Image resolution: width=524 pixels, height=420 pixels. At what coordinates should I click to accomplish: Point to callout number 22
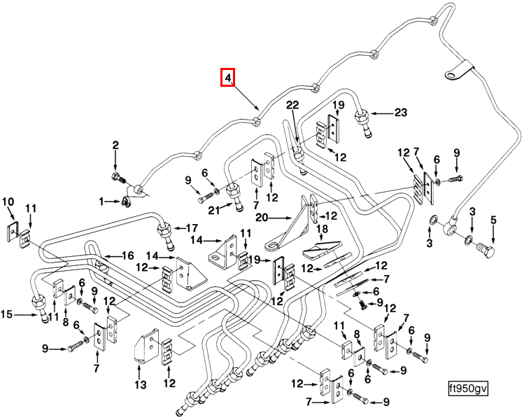tap(292, 105)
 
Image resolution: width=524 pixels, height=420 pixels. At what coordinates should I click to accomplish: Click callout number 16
tap(128, 255)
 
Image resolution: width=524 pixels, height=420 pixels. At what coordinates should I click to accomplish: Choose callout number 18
tap(323, 230)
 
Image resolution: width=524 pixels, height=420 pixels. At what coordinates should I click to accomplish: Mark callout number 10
tap(8, 203)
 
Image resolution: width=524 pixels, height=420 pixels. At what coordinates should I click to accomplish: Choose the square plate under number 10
tap(13, 231)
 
